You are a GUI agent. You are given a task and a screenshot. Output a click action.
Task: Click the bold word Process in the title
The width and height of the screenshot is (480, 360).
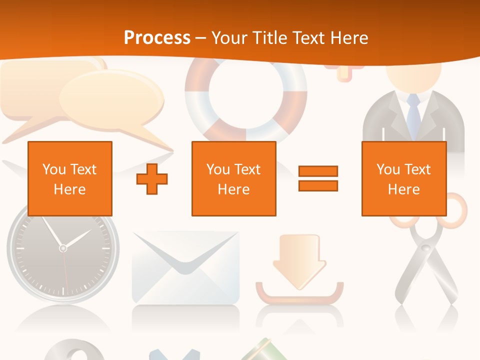tap(157, 38)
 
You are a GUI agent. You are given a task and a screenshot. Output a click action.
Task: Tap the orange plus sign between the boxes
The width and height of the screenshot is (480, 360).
tap(152, 178)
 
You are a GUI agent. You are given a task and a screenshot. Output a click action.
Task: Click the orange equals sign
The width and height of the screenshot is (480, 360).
tap(318, 178)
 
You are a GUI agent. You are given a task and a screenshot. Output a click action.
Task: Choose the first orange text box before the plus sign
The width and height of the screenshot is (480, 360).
tap(70, 178)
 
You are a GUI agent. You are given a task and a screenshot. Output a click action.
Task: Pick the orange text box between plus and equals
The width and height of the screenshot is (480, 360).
tap(233, 178)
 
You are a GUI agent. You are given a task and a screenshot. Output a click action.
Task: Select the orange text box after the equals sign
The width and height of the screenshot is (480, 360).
tap(403, 178)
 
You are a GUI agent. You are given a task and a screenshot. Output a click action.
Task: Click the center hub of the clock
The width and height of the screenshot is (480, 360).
tap(62, 247)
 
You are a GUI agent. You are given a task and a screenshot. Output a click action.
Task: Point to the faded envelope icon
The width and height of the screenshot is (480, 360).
tap(185, 267)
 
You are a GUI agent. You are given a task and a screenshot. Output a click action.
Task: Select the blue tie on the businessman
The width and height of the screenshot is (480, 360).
tap(413, 115)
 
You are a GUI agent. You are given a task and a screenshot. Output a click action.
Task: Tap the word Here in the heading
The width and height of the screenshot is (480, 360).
tap(349, 38)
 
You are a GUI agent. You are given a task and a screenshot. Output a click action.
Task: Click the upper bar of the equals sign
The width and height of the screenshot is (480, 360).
tap(318, 171)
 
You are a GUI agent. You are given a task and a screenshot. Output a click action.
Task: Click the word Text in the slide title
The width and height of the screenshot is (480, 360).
tap(309, 38)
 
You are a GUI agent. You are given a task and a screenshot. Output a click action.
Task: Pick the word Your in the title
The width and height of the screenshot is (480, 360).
tap(229, 38)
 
